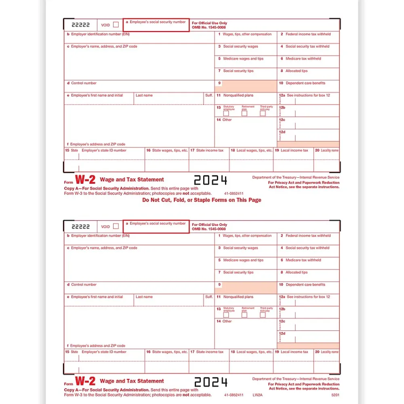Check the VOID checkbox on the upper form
click(116, 25)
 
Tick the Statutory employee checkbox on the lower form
click(226, 315)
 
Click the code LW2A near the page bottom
click(256, 395)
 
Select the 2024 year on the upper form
click(210, 180)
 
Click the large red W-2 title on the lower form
click(85, 381)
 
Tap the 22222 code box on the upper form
click(80, 25)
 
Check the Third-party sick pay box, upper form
click(263, 114)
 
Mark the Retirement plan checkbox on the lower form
click(244, 315)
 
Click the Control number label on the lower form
click(84, 285)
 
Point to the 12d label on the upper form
click(282, 132)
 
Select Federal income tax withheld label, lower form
click(308, 236)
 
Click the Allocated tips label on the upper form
click(297, 71)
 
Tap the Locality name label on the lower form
click(330, 352)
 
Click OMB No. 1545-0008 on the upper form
click(209, 27)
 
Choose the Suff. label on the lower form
click(209, 297)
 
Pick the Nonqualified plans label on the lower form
click(238, 297)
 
